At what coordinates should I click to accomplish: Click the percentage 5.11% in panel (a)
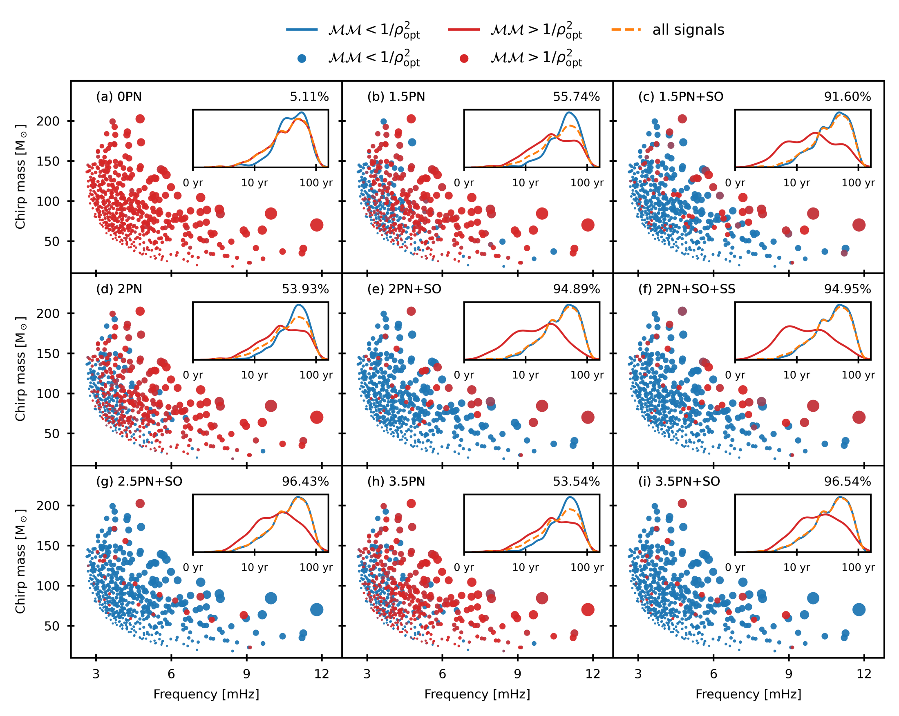coord(309,97)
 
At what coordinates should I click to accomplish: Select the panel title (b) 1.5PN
coord(396,97)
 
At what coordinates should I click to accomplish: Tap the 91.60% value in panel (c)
coord(847,97)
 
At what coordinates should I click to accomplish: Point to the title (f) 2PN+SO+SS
coord(687,289)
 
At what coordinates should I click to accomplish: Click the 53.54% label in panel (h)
coord(576,482)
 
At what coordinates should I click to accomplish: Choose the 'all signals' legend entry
coord(688,30)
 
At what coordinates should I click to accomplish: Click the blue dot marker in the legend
coord(302,59)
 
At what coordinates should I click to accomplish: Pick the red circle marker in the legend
coord(464,59)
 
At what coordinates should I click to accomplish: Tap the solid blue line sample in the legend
coord(302,30)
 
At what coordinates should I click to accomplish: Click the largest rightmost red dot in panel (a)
coord(316,225)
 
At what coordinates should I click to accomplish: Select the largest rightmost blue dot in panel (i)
coord(859,610)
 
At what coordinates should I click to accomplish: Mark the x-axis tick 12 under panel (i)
coord(863,674)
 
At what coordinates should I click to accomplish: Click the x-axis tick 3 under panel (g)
coord(96,674)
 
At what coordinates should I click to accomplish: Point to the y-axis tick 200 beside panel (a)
coord(48,121)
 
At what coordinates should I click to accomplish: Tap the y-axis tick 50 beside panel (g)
coord(52,626)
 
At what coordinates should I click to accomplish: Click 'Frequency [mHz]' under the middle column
coord(477,694)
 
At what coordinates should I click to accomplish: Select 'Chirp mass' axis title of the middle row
coord(20,369)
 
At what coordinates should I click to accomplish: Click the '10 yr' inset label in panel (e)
coord(525,375)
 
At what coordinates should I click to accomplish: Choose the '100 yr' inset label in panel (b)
coord(587,183)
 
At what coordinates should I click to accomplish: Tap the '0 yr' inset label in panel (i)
coord(735,567)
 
